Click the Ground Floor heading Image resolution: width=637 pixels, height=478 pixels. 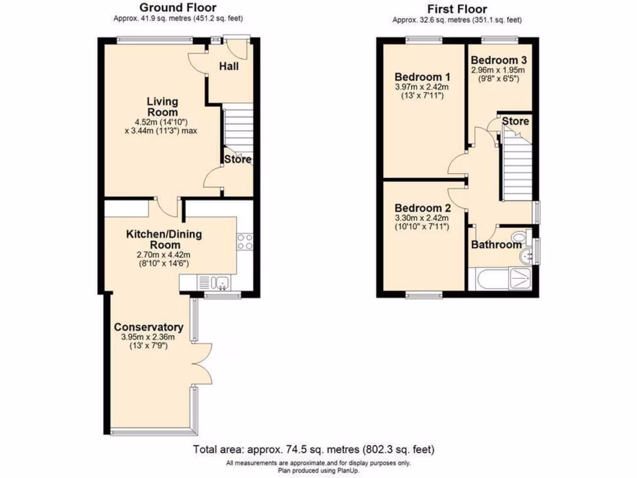(x=177, y=7)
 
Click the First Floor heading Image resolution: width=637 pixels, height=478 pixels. (x=457, y=9)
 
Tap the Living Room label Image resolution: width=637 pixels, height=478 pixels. (x=162, y=106)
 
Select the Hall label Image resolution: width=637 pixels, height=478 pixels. (x=230, y=66)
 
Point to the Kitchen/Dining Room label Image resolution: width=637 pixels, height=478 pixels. (x=164, y=239)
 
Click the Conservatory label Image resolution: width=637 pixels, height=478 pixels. (x=148, y=327)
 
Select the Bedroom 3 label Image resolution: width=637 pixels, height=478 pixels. (x=499, y=60)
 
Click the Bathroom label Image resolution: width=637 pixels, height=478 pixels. (x=495, y=245)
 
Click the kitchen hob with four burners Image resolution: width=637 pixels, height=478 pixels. (x=244, y=241)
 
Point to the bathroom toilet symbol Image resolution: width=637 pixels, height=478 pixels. (x=518, y=237)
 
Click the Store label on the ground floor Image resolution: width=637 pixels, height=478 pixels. (x=238, y=159)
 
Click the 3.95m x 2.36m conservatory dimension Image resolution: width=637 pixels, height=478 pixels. (x=148, y=337)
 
